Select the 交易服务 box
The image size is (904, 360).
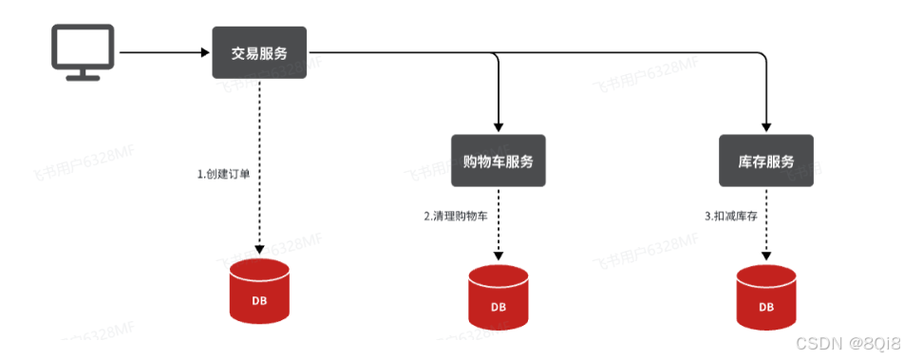click(258, 52)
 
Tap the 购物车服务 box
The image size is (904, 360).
click(499, 161)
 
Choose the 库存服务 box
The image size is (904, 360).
click(765, 161)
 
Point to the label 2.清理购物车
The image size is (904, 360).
click(456, 217)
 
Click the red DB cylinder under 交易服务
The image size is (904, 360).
click(258, 292)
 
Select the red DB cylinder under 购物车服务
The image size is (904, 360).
click(499, 297)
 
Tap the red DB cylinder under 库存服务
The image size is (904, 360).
click(765, 297)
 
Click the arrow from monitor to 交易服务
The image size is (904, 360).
click(161, 52)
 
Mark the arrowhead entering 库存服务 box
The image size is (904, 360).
click(765, 127)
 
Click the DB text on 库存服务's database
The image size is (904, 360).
click(765, 308)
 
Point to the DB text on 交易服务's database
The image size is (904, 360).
click(258, 301)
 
